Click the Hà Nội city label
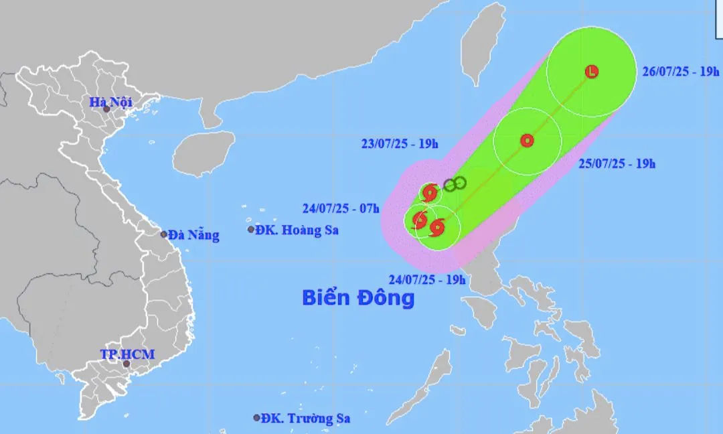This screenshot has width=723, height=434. click(111, 102)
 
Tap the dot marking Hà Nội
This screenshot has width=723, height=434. click(106, 109)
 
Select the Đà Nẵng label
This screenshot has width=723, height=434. click(193, 235)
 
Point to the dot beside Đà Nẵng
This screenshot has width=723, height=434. click(164, 234)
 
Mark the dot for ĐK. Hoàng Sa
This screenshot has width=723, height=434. click(251, 230)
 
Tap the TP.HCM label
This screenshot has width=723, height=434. click(127, 354)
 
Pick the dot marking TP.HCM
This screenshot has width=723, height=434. click(126, 364)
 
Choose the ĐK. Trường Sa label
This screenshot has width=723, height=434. click(306, 418)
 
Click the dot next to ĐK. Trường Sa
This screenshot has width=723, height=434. click(256, 417)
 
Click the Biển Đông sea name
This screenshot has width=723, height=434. click(358, 297)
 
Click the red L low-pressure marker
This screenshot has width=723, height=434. click(592, 72)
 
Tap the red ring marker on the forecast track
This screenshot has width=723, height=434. click(527, 141)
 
